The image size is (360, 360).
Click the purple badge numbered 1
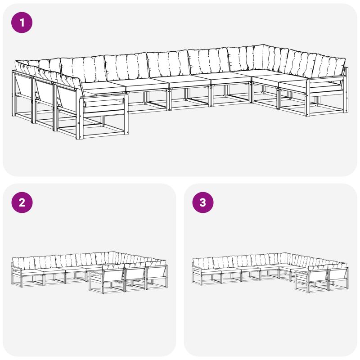(22, 22)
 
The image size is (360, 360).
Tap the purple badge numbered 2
(22, 202)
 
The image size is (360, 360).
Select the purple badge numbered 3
(203, 202)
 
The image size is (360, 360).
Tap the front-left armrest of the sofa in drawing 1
(103, 98)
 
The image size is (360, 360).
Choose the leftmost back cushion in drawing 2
(23, 262)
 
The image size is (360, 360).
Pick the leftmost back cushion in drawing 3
(203, 263)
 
